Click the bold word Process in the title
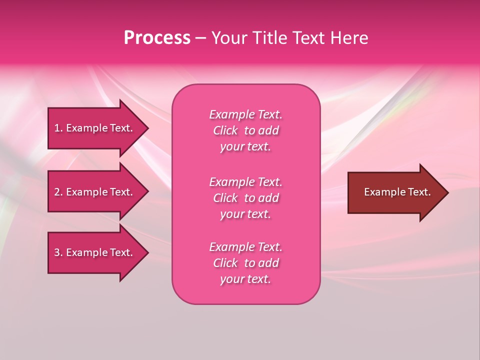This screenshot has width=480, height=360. (157, 38)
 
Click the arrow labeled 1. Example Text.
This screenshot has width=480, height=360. (95, 128)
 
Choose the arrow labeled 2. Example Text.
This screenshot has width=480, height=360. (95, 192)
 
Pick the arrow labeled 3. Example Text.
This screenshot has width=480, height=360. (95, 252)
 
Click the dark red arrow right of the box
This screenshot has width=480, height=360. (395, 192)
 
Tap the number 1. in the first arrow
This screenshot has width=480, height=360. (58, 128)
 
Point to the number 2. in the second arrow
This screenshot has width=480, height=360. (58, 192)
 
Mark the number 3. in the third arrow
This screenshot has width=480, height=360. (58, 252)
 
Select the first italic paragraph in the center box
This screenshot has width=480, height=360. (245, 130)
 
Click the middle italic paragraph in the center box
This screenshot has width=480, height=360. (245, 198)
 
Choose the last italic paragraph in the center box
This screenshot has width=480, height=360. (245, 263)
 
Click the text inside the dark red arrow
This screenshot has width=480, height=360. (397, 192)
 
